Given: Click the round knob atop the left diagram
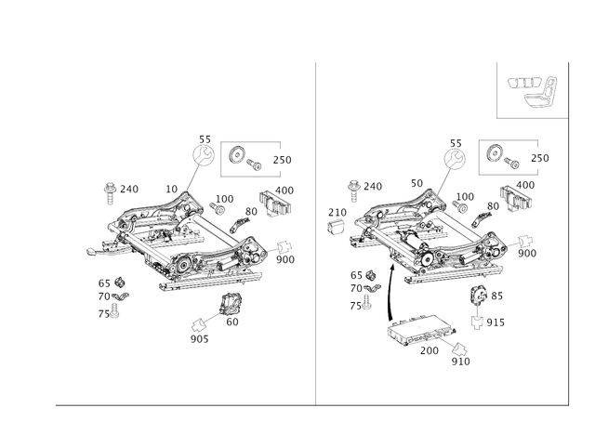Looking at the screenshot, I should point(202,154).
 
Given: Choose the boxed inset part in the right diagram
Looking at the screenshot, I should point(503,157).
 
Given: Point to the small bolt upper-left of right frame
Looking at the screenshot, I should point(354,188).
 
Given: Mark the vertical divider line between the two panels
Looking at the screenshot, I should point(317,232).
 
